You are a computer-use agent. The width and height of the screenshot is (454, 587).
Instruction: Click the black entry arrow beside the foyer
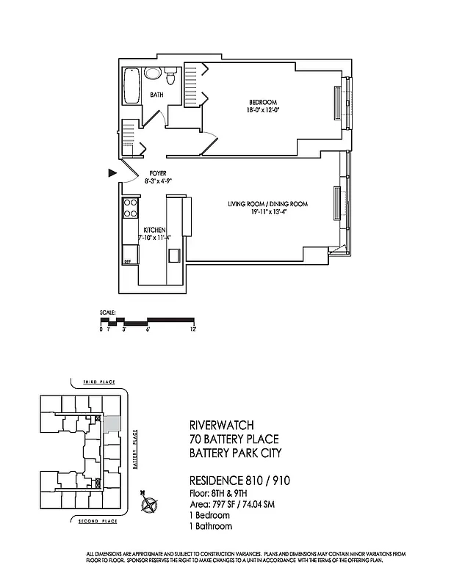click(112, 173)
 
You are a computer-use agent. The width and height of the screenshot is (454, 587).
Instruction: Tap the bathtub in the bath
click(132, 86)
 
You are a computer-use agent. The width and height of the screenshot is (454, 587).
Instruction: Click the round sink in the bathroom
click(153, 74)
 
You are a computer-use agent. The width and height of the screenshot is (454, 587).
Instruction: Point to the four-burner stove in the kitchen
click(131, 208)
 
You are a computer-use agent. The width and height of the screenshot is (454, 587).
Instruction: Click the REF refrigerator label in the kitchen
click(127, 260)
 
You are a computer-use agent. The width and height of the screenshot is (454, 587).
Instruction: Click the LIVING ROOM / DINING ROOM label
click(267, 204)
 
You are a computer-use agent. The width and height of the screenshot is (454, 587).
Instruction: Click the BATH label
click(157, 95)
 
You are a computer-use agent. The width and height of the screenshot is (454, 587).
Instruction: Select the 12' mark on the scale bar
click(192, 330)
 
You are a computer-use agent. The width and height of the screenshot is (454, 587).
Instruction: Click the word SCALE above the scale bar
click(108, 313)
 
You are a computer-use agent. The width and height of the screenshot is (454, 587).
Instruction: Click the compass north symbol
click(151, 505)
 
